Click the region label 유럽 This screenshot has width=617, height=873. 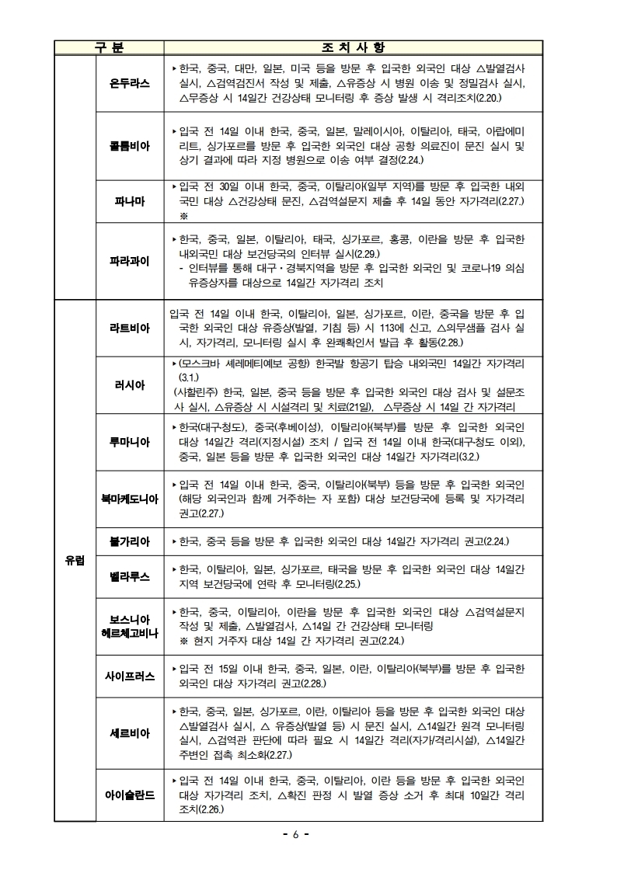point(75,560)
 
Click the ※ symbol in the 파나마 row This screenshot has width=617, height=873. point(183,215)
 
